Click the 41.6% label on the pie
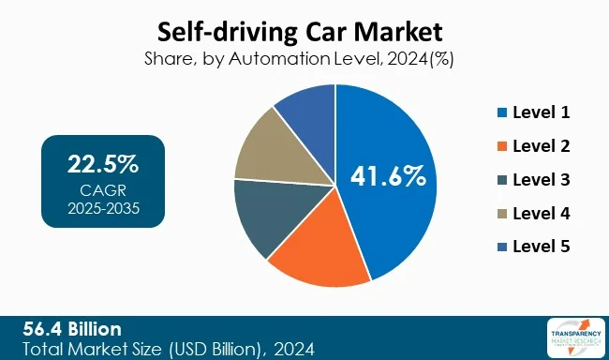[388, 175]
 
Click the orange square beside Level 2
[503, 147]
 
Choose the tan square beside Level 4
[503, 214]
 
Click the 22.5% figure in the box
[103, 165]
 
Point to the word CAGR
[103, 190]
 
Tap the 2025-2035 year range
[103, 207]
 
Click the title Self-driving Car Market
[304, 30]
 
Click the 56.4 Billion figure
[73, 329]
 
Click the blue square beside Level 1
[503, 113]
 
